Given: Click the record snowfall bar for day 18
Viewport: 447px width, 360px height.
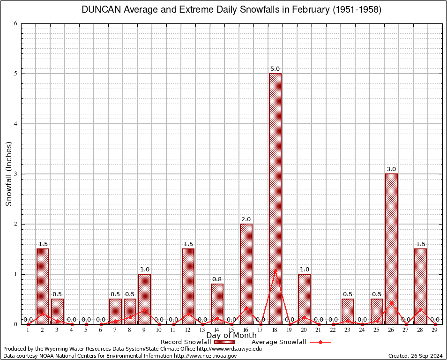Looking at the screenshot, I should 275,197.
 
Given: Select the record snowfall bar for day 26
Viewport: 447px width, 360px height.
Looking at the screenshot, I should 391,248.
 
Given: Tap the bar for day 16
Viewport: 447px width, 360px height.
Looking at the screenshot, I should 246,274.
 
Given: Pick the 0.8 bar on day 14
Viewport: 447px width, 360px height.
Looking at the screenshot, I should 217,305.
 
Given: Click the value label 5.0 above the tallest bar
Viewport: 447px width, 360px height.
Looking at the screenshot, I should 275,69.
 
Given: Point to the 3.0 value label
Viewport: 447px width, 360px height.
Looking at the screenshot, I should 391,169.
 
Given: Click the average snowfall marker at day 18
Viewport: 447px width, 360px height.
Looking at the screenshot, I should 275,271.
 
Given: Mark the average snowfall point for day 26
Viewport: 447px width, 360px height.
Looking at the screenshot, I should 391,303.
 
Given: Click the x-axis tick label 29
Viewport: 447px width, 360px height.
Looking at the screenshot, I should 435,330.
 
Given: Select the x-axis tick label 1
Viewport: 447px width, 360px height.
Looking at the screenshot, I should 28,330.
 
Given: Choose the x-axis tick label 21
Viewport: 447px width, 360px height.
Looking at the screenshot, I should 319,330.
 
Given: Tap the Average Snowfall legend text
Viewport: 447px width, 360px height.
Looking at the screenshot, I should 279,342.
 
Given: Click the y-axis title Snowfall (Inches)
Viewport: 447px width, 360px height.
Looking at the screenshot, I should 9,174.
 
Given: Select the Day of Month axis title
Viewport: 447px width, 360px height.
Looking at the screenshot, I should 231,336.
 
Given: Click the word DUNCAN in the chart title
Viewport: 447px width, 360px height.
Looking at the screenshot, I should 101,10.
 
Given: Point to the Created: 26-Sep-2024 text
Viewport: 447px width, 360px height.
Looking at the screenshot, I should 415,356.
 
